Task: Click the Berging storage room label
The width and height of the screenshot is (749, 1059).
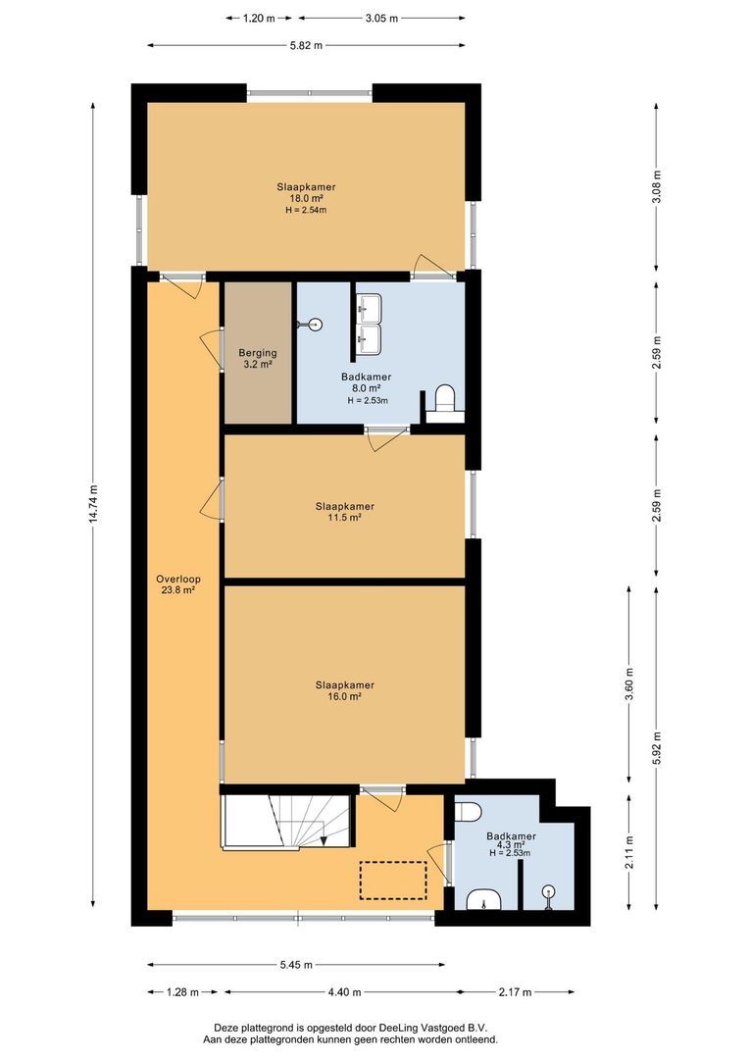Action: click(258, 358)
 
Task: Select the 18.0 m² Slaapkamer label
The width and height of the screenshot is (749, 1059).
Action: click(305, 197)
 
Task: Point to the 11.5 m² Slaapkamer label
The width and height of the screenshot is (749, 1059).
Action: click(344, 511)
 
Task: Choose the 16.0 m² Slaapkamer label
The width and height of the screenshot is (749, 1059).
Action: click(344, 690)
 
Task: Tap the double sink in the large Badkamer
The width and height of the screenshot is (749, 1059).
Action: click(370, 325)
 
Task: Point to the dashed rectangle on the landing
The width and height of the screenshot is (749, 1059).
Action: click(392, 880)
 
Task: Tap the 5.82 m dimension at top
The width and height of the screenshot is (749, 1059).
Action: click(306, 45)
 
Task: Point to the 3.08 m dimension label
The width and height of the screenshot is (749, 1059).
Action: click(656, 186)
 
